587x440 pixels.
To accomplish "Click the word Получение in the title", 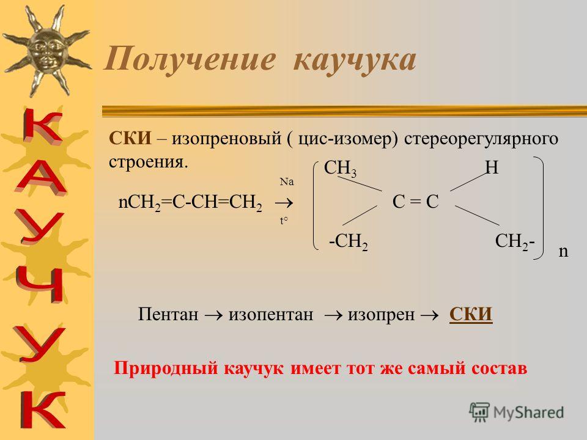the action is click(190, 59).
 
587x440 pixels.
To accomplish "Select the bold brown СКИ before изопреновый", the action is click(130, 139).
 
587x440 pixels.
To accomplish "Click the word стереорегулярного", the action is click(481, 139).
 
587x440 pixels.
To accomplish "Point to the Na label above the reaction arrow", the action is click(287, 182).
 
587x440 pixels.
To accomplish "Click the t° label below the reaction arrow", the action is click(284, 221).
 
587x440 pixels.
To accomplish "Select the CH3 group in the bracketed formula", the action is click(340, 168).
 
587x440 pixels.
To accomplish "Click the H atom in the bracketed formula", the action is click(492, 167).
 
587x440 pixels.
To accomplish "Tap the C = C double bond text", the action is click(415, 202).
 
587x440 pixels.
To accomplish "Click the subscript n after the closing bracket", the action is click(563, 251).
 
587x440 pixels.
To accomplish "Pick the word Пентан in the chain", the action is click(168, 314).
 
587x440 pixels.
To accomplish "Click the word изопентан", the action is click(271, 314).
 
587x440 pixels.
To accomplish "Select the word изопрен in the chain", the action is click(381, 314).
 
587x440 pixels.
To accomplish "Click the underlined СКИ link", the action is click(471, 314).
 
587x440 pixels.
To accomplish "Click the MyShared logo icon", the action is click(479, 413).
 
